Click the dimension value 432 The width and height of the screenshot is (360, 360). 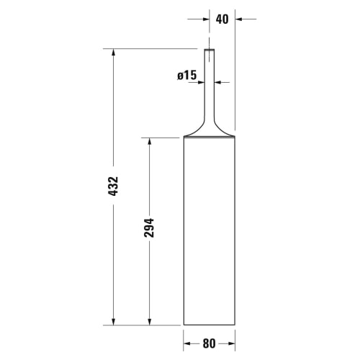[113, 186]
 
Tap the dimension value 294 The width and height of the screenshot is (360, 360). [149, 228]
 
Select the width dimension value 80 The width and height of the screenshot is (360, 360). [209, 343]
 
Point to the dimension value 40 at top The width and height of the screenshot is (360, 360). [222, 19]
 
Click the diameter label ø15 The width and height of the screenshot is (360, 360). [187, 75]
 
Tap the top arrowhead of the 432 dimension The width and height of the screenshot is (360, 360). [113, 53]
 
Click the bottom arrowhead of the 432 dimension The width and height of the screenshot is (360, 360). [113, 322]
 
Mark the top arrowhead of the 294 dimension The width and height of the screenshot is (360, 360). [150, 141]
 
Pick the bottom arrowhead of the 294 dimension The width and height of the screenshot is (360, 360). [150, 322]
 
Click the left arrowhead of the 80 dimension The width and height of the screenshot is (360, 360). [187, 343]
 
